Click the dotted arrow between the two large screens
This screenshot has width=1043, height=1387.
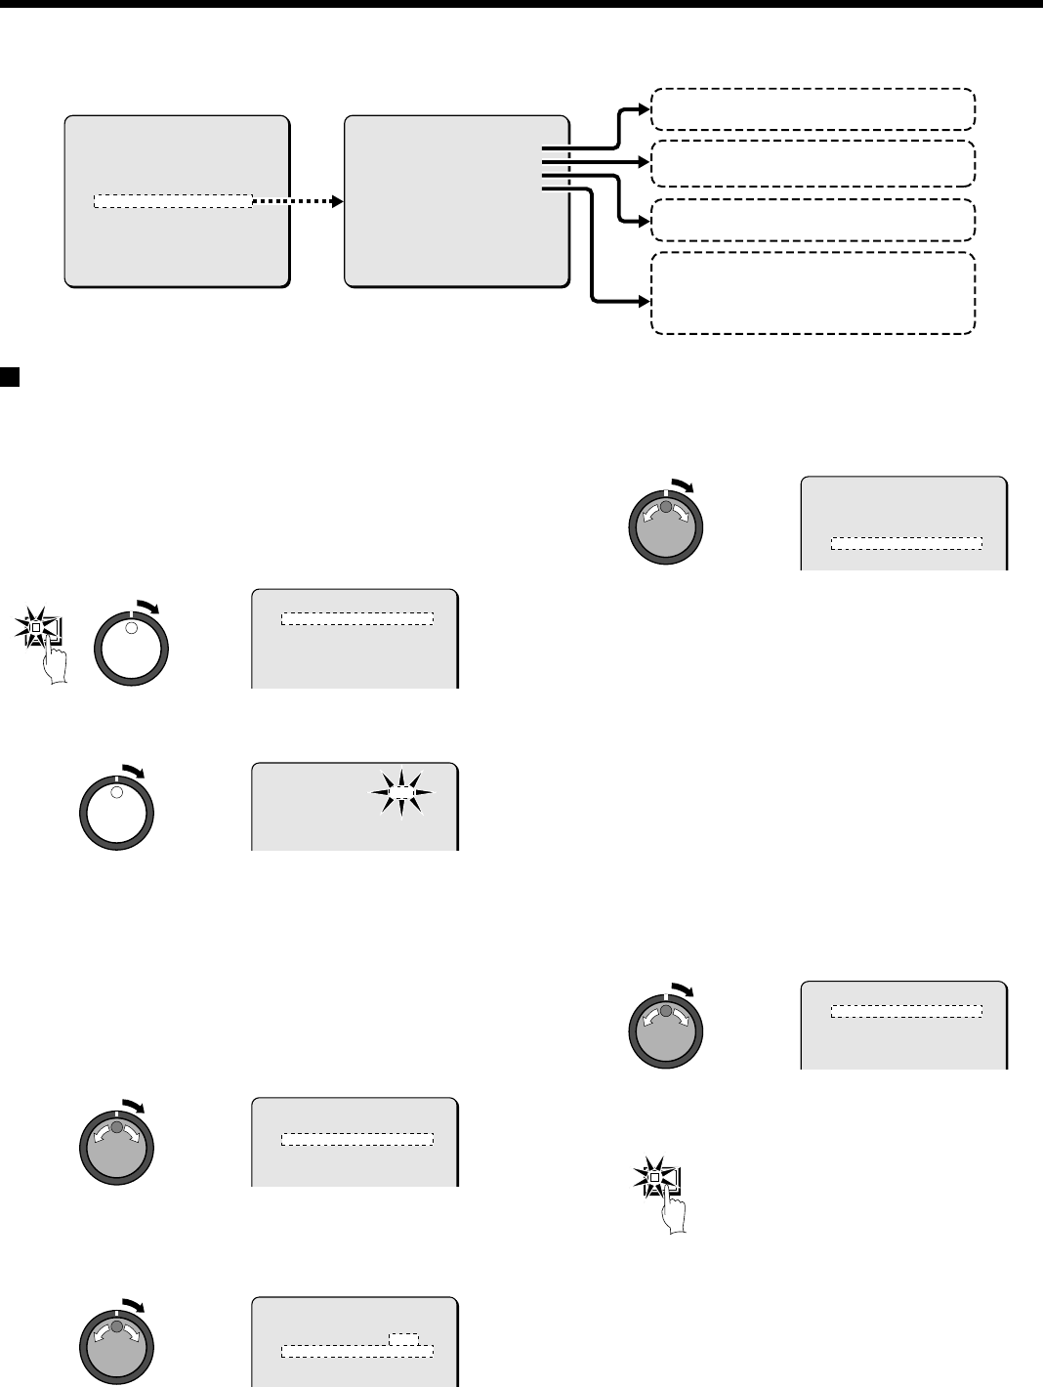click(298, 201)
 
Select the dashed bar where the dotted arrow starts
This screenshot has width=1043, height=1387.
click(172, 201)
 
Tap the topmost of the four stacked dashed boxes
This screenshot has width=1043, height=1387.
click(813, 108)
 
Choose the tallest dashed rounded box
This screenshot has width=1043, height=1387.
click(813, 293)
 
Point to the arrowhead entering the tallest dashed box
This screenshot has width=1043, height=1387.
click(644, 301)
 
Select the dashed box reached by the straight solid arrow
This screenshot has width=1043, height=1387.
click(813, 163)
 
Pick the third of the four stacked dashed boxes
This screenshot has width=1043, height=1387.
click(813, 220)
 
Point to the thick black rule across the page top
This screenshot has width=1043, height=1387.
click(521, 3)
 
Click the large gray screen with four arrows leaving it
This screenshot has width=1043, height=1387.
click(457, 200)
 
